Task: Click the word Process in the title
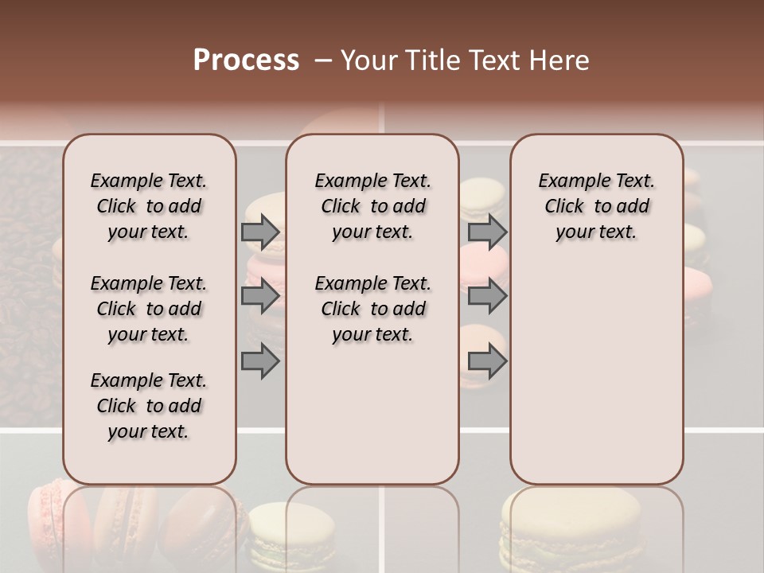pyautogui.click(x=246, y=60)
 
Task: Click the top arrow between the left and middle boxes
pyautogui.click(x=260, y=232)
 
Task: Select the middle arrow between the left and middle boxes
pyautogui.click(x=260, y=296)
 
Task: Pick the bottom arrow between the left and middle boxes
pyautogui.click(x=260, y=361)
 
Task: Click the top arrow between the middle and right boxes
pyautogui.click(x=487, y=232)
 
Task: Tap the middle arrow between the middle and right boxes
pyautogui.click(x=487, y=296)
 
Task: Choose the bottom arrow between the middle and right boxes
pyautogui.click(x=487, y=361)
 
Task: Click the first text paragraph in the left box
pyautogui.click(x=149, y=206)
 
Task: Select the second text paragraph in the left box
pyautogui.click(x=149, y=309)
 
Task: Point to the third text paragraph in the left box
pyautogui.click(x=149, y=406)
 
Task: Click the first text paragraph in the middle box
pyautogui.click(x=372, y=206)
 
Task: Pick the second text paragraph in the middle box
pyautogui.click(x=372, y=309)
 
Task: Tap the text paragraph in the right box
pyautogui.click(x=596, y=206)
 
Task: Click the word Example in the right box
pyautogui.click(x=567, y=181)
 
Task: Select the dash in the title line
pyautogui.click(x=322, y=60)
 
